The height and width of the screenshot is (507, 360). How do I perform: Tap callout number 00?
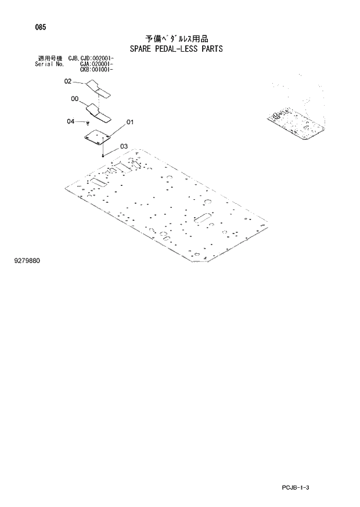[74, 99]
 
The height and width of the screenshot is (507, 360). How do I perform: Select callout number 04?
[70, 121]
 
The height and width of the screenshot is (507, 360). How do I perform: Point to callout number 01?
[130, 122]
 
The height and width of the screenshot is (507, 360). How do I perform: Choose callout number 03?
[124, 146]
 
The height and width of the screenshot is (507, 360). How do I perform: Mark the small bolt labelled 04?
[87, 123]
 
